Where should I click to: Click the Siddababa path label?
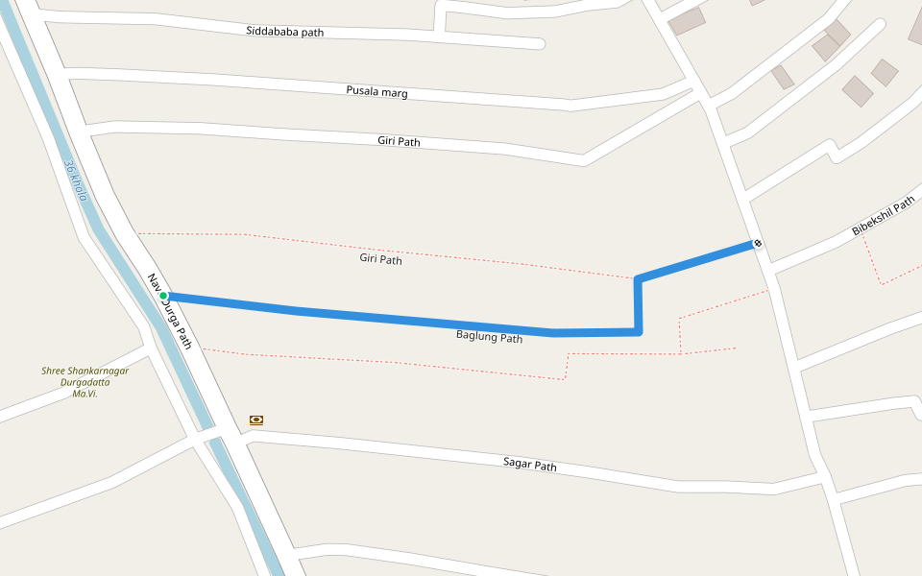tap(284, 32)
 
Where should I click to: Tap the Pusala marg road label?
tap(376, 91)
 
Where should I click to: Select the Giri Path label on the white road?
tap(399, 141)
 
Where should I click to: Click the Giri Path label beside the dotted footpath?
tap(380, 258)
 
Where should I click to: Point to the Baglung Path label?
tap(489, 337)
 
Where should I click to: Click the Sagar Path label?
tap(529, 466)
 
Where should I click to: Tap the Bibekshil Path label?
tap(884, 218)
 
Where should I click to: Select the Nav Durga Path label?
tap(170, 311)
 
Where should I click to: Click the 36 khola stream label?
tap(76, 180)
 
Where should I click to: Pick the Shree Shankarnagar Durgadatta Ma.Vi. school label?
tap(85, 381)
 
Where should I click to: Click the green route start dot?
tap(163, 296)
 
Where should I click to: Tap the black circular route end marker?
tap(758, 244)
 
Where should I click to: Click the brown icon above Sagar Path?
tap(256, 420)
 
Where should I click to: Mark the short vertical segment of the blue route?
tap(638, 306)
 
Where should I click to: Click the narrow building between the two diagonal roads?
tap(783, 77)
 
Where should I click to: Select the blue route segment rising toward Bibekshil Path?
tap(696, 262)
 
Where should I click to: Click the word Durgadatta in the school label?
tap(85, 382)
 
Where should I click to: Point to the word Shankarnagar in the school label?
tap(96, 371)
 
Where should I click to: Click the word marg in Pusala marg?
tap(395, 93)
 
